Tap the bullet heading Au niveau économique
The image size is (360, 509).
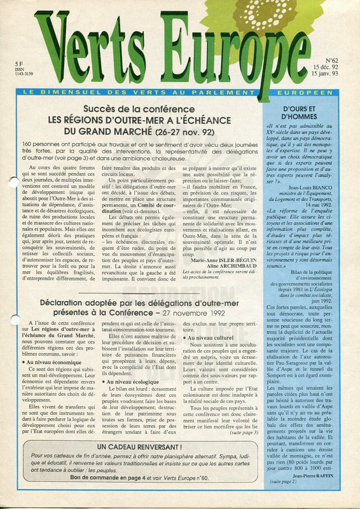[x=58, y=360]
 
